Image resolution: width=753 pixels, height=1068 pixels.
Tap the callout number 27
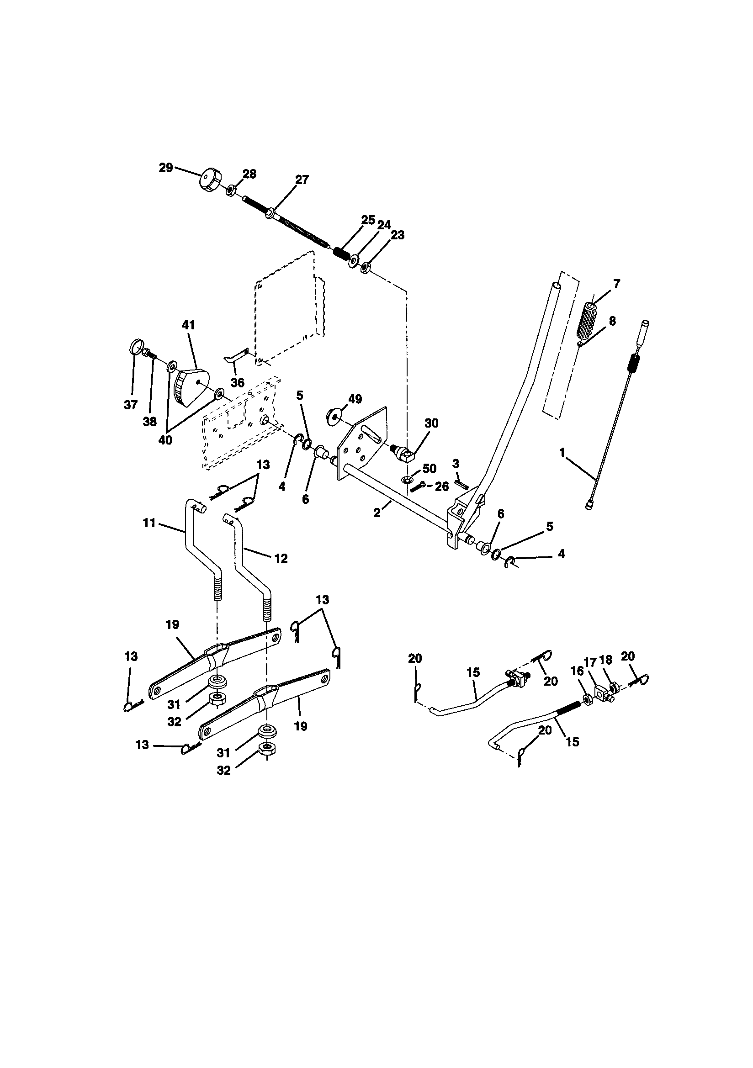(x=302, y=180)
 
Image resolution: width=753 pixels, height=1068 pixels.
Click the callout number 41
(x=189, y=325)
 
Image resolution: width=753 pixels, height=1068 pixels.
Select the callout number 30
(x=431, y=423)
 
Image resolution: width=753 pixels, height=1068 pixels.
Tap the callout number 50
(x=429, y=468)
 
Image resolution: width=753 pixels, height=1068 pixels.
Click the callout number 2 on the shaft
(x=376, y=513)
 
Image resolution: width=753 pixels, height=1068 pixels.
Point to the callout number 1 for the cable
(x=562, y=452)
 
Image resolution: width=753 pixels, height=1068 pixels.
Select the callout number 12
(x=281, y=558)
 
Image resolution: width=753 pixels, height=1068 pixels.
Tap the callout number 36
(x=237, y=383)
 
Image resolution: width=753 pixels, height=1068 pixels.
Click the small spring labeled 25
(x=343, y=254)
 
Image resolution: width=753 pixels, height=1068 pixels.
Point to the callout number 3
(x=456, y=464)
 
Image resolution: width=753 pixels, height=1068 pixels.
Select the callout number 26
(x=442, y=486)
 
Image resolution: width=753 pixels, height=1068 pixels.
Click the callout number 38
(x=150, y=422)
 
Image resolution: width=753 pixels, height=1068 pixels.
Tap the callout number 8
(x=612, y=321)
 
